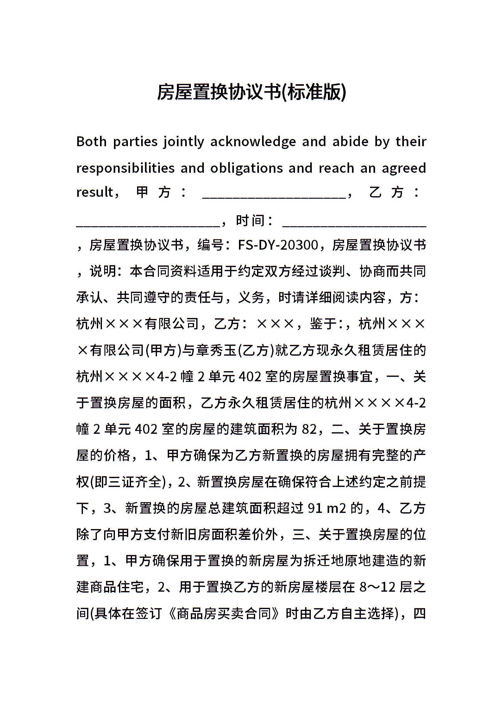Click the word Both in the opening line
tap(91, 141)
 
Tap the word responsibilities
tap(125, 168)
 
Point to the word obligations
tap(247, 168)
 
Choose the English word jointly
tap(184, 141)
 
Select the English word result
tap(95, 192)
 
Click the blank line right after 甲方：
tap(274, 195)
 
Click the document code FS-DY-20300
tap(278, 245)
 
